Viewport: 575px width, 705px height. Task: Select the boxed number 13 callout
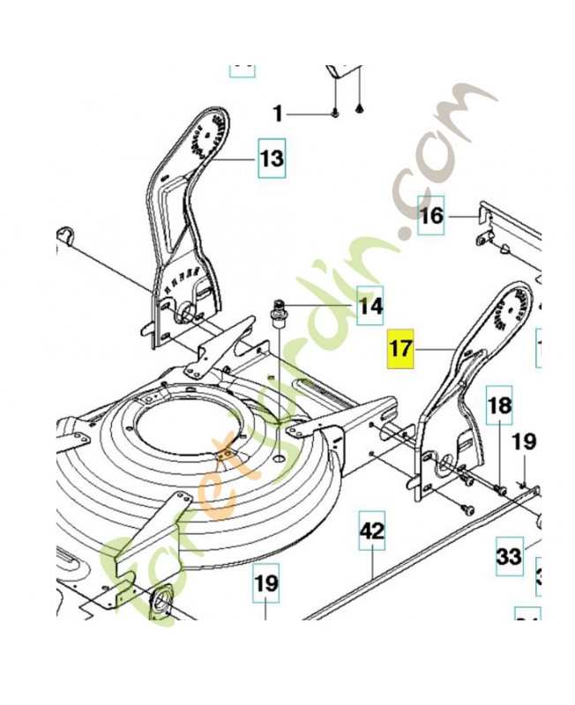point(273,159)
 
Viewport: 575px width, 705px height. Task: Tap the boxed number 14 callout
point(370,307)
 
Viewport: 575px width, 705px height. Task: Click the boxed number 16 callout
point(431,216)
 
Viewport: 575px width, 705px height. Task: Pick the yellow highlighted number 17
point(400,347)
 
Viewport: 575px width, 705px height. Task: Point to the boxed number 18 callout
point(499,406)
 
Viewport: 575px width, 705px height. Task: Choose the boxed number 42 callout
point(372,531)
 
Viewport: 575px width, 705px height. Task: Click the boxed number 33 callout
point(509,557)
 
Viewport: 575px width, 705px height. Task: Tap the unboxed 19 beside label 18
point(525,441)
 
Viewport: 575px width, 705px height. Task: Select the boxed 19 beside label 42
point(266,583)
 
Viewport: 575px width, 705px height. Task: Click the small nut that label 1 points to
point(337,114)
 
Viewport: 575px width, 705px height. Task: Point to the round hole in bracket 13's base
point(187,313)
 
